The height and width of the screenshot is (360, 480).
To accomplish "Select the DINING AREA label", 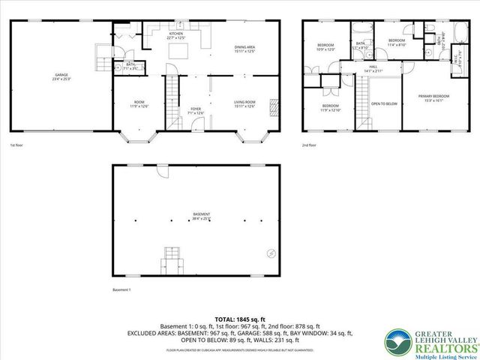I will click(245, 48).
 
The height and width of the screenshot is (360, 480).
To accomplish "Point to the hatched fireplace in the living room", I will click(274, 107).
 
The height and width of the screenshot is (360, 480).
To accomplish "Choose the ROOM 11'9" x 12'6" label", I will click(139, 103).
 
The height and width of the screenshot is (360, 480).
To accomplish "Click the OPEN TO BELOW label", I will click(384, 103).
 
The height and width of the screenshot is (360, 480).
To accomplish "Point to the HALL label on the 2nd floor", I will click(373, 67).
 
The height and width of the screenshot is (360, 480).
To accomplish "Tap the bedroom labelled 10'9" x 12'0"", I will click(325, 46).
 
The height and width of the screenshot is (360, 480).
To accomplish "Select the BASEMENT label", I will click(200, 215).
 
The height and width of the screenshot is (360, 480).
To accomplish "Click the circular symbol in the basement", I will click(271, 252).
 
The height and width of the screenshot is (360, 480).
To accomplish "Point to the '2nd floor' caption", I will click(310, 145).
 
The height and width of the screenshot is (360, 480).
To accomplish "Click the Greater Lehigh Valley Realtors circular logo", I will click(395, 343).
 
